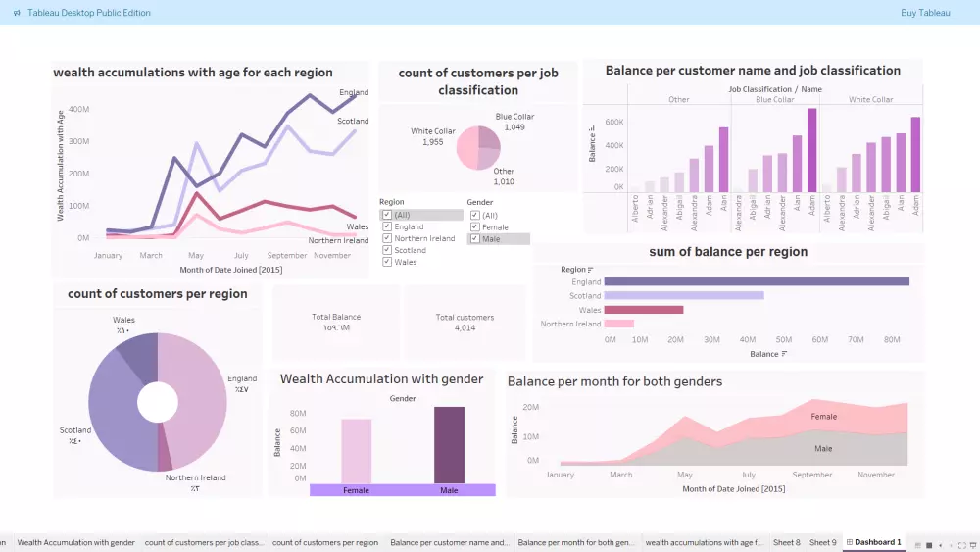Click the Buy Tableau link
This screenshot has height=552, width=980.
click(925, 13)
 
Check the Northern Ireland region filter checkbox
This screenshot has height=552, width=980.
click(387, 238)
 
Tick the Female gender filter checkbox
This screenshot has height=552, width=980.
click(475, 226)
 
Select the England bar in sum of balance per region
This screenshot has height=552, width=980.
click(756, 281)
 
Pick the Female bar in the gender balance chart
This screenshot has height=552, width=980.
click(357, 451)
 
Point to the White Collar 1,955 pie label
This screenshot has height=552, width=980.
click(433, 136)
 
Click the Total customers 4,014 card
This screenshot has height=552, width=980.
click(465, 323)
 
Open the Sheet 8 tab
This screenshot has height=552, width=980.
click(786, 542)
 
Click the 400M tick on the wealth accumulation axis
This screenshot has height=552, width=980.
click(78, 110)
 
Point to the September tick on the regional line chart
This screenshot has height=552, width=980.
click(286, 255)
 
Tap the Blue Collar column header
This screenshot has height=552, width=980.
click(774, 100)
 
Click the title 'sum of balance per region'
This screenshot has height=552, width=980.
click(728, 252)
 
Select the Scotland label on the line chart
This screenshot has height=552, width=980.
click(353, 122)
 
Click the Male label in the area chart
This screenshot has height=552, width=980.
click(823, 448)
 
